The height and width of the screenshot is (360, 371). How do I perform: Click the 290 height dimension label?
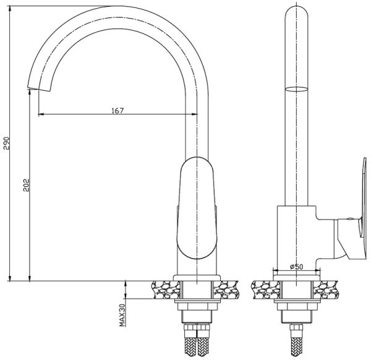[x=6, y=143]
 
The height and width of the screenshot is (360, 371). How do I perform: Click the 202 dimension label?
[x=26, y=185]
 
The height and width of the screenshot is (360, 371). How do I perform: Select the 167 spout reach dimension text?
[x=117, y=110]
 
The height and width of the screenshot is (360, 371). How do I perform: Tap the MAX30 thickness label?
[x=122, y=315]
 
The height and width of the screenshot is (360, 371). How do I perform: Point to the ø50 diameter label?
[x=296, y=267]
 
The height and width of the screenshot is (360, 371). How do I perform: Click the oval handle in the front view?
[x=197, y=208]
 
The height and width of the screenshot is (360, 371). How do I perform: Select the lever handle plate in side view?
[x=364, y=197]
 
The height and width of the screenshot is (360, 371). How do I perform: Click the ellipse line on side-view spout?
[x=297, y=89]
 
